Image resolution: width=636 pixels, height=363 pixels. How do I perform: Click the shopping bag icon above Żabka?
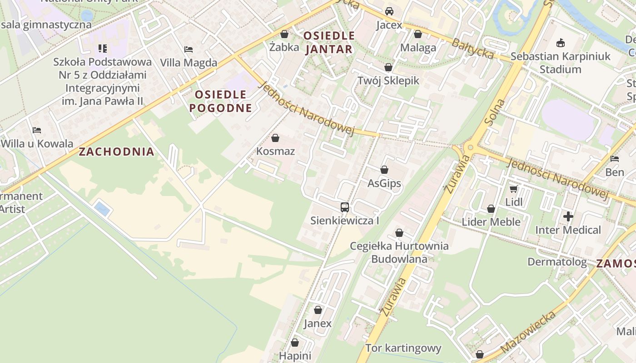coord(284,34)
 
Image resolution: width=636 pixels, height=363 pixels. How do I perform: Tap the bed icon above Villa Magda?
coord(189,49)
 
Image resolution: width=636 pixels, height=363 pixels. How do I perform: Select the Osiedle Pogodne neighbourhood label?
coord(221,101)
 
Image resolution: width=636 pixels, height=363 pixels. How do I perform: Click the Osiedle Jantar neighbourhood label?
coord(329,42)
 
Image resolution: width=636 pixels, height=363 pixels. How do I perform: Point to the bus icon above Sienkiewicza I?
coord(345,207)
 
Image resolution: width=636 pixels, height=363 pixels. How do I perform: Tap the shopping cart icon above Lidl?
coord(514,189)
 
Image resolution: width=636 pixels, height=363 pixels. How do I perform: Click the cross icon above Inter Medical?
coord(568,217)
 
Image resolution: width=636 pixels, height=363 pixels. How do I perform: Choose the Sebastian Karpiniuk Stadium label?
coord(561,63)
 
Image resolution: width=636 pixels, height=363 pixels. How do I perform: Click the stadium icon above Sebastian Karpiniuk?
coord(561,43)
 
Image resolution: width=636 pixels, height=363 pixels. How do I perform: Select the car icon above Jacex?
coord(389,11)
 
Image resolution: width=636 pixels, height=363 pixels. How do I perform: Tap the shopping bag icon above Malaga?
coord(418,34)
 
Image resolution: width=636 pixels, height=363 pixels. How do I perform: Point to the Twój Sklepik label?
coord(388,81)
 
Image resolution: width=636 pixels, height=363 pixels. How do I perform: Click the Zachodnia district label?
coord(117,152)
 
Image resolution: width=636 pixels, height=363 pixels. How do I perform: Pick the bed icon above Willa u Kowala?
coord(37,130)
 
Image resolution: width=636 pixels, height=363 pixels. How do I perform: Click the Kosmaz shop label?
coord(275,151)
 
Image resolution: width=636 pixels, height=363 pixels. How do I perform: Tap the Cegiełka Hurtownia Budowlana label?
coord(399,252)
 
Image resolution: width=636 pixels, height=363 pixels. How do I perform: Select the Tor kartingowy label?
coord(403,348)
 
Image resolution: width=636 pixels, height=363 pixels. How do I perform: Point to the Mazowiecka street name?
coord(528,333)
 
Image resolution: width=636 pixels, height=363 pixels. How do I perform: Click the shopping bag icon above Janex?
coord(318,310)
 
